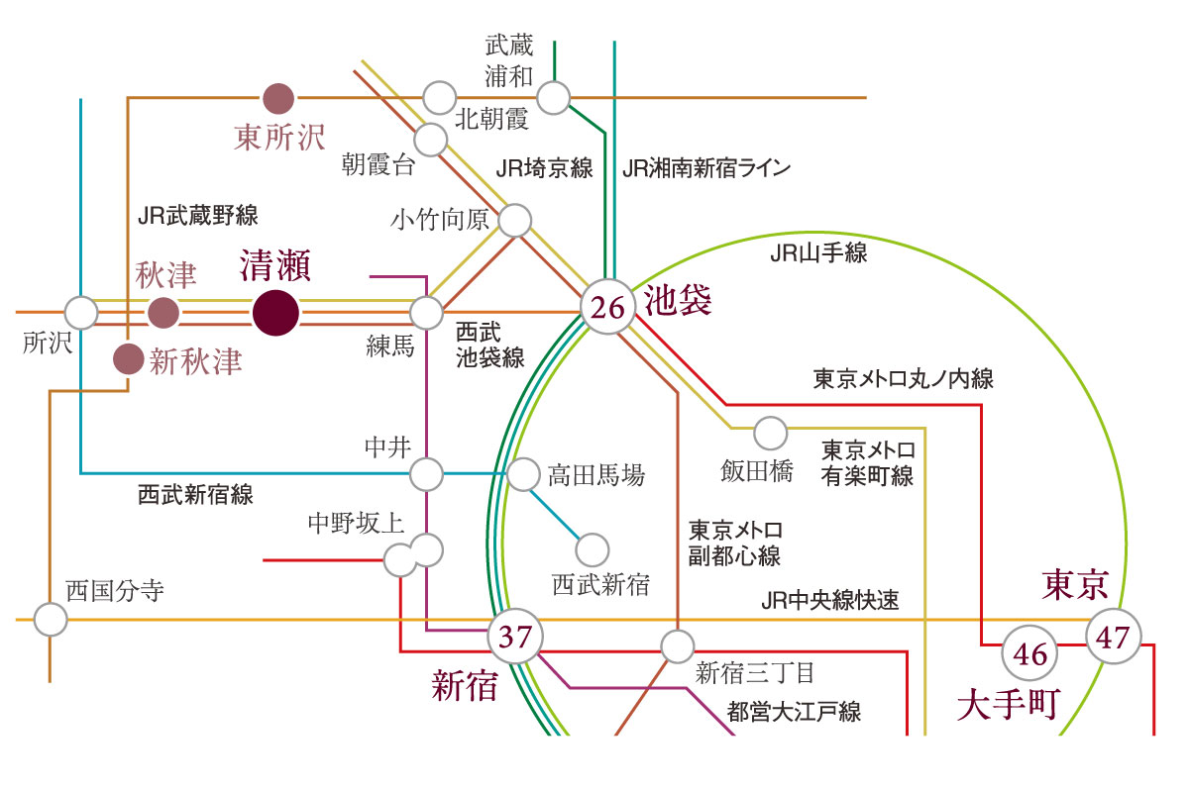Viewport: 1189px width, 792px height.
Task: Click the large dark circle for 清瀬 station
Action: [x=275, y=313]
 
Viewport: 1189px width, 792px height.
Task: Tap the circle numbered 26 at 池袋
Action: [x=607, y=307]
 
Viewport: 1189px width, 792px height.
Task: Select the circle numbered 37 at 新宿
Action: [x=515, y=636]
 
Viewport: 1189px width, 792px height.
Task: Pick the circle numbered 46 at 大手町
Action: [x=1029, y=653]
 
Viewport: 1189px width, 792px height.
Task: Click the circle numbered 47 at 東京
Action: [x=1113, y=636]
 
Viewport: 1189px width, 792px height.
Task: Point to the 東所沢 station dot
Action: [x=278, y=98]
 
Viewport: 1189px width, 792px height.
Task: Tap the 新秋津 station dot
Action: [x=129, y=359]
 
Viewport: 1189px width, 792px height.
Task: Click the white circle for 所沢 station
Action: [x=81, y=313]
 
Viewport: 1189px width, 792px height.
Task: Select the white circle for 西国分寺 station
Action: [x=51, y=619]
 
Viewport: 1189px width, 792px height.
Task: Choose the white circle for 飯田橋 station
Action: [x=770, y=433]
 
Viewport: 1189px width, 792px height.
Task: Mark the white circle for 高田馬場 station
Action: [x=523, y=474]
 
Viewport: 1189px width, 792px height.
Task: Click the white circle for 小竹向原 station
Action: [x=515, y=220]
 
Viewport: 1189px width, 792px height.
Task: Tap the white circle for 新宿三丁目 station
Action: [x=678, y=646]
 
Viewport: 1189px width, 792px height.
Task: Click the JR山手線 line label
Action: [x=818, y=253]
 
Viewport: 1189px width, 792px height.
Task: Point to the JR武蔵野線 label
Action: [x=197, y=216]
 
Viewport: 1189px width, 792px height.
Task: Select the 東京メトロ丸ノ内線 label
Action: [x=903, y=379]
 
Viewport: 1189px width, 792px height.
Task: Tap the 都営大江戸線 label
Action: [x=794, y=712]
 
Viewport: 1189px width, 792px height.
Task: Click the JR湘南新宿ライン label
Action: [x=706, y=168]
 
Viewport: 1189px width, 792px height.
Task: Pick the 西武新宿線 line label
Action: [x=195, y=494]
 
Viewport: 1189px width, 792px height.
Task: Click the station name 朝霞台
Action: [x=378, y=163]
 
